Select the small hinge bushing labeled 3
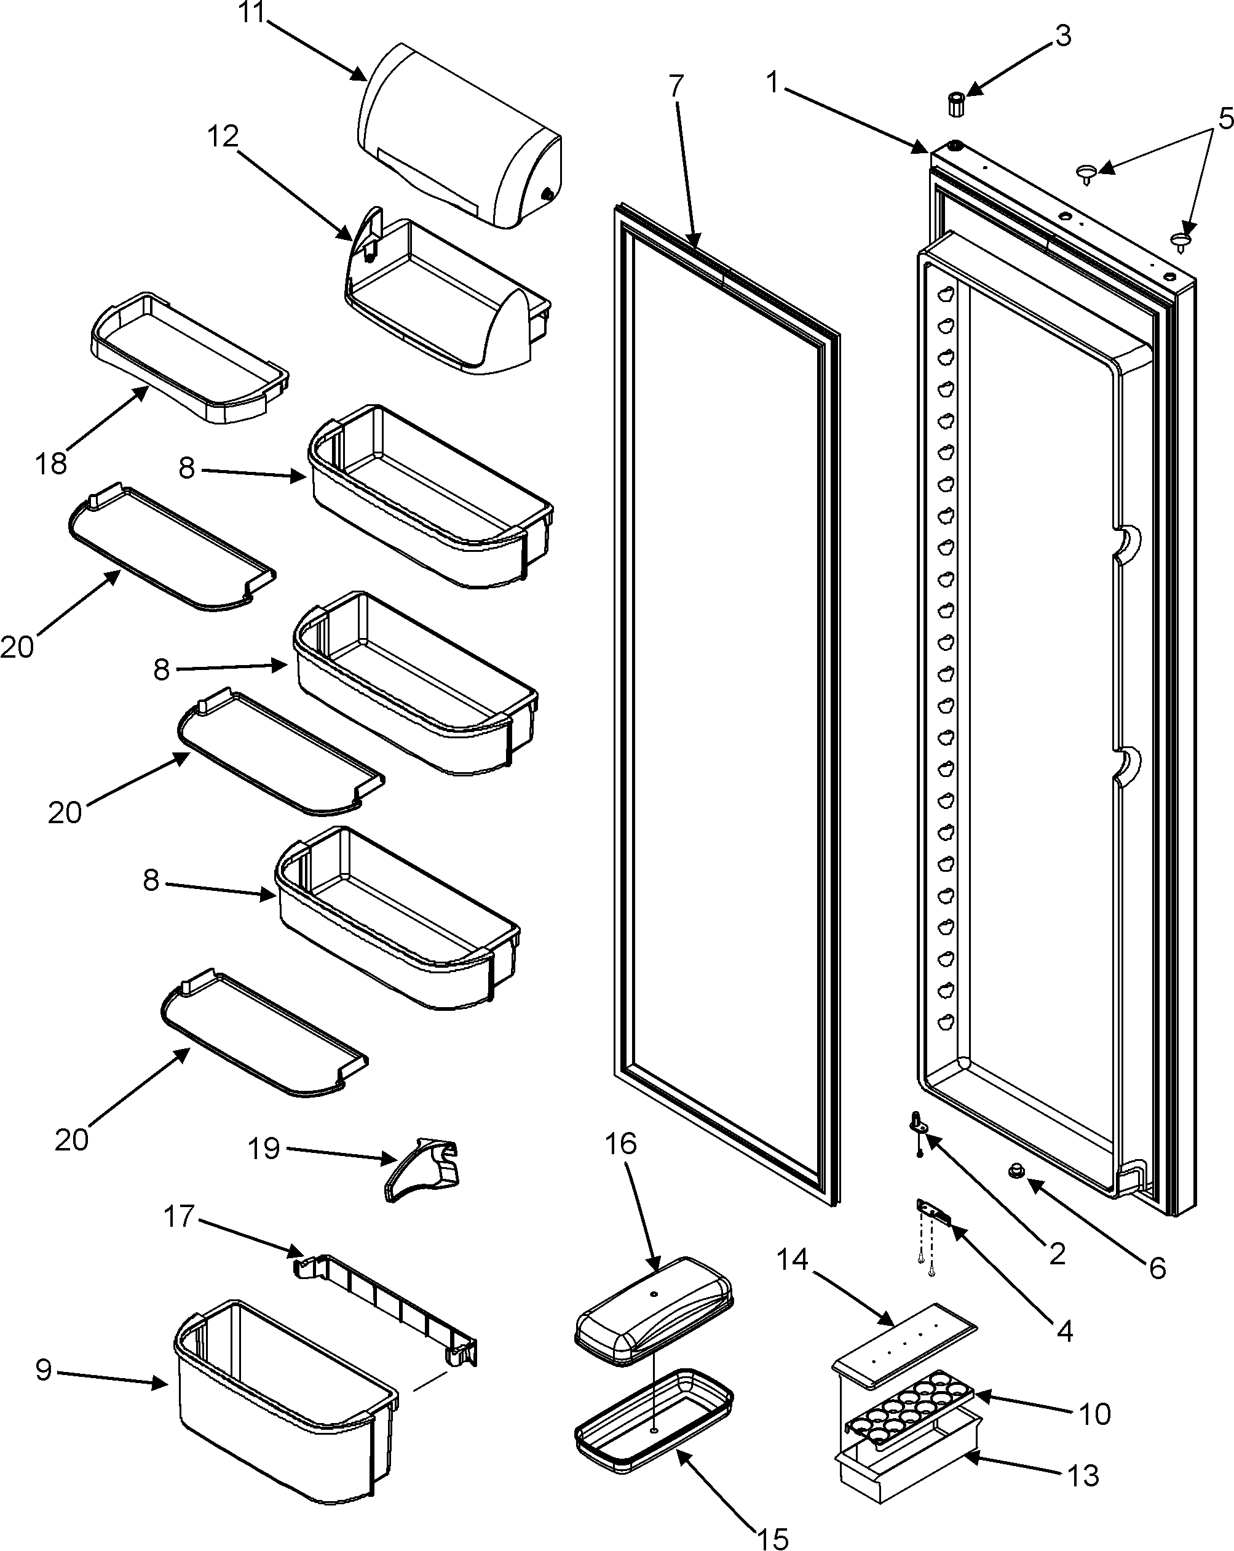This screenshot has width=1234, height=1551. [955, 105]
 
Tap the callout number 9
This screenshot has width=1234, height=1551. [44, 1370]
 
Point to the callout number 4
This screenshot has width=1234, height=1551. [1064, 1331]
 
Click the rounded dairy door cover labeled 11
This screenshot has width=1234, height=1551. [461, 137]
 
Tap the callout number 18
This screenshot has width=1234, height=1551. [51, 463]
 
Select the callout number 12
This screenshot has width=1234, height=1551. [224, 136]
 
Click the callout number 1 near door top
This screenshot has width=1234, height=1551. [772, 82]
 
